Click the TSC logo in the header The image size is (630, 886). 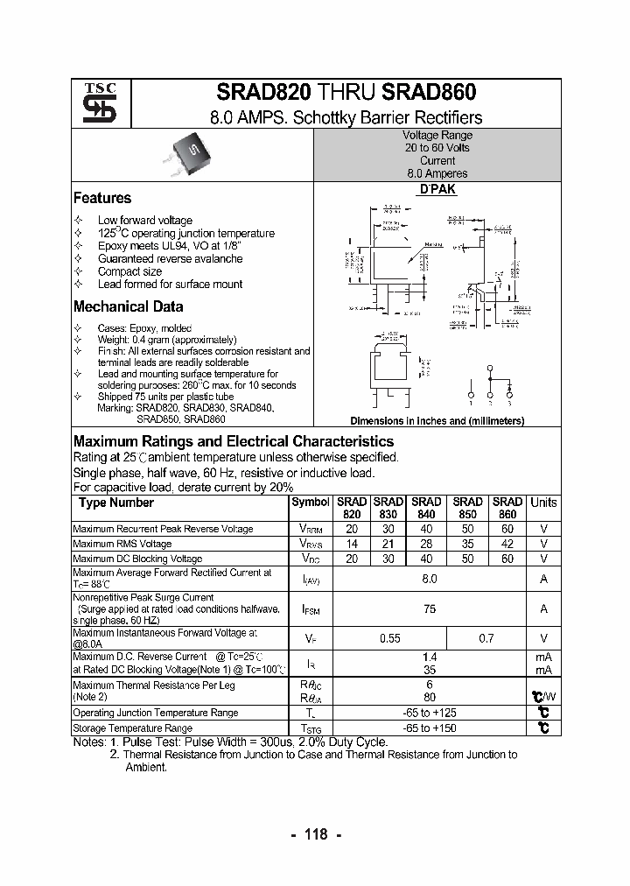coord(94,103)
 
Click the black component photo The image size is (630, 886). coord(185,156)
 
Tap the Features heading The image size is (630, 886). coord(102,198)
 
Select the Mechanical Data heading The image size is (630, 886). coord(128,306)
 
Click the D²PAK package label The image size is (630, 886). coord(437,190)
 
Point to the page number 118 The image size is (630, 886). coord(314,834)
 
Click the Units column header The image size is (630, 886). coord(543,503)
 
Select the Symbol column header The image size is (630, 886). coord(311,503)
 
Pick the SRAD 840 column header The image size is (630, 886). coord(426,509)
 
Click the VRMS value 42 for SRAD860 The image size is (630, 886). coord(508,544)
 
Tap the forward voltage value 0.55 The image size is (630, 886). coord(390,639)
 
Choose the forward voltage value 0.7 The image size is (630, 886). coord(486,639)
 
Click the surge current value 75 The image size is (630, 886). coord(429,609)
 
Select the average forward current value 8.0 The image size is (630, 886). coord(429,579)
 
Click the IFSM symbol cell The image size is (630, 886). coord(311,609)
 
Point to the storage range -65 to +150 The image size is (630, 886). coord(429,728)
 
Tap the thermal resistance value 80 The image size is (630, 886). coord(429,698)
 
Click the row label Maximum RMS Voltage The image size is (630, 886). coord(122,544)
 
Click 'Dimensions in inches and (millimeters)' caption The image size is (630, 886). coord(437,421)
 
